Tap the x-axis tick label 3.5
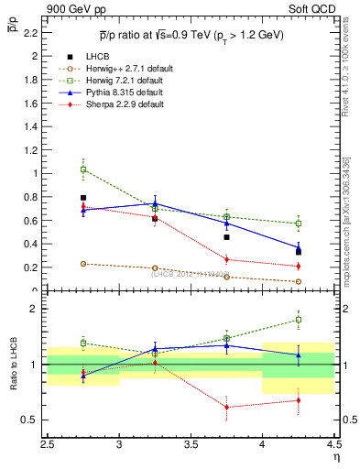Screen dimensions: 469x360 click(x=191, y=444)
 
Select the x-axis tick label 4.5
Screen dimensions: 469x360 click(x=333, y=444)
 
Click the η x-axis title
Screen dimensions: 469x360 click(x=336, y=457)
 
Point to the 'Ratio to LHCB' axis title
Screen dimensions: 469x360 click(x=13, y=365)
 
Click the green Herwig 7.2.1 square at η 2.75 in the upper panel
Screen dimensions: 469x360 click(x=83, y=169)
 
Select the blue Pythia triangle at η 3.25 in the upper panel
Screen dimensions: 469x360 click(x=155, y=203)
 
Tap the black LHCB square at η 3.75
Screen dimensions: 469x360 click(x=226, y=237)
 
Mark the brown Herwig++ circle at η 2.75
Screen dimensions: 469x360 click(x=83, y=264)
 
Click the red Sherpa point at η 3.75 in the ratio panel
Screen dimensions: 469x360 click(x=226, y=407)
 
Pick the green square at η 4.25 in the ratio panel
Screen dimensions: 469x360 click(x=298, y=320)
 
